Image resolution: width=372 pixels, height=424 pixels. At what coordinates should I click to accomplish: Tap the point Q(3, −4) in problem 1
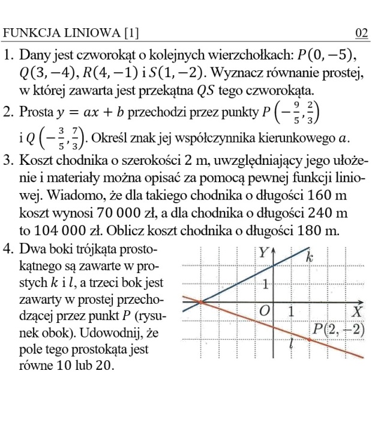(45, 74)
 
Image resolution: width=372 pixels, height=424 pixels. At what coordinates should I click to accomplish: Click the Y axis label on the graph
(264, 253)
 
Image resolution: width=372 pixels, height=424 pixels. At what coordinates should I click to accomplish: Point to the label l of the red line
(290, 343)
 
